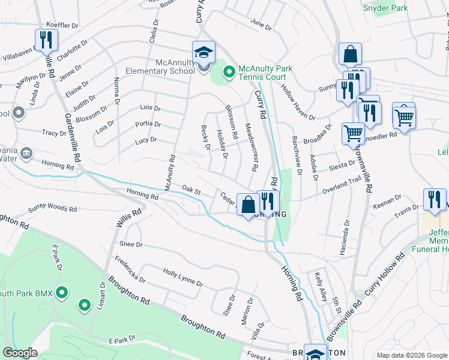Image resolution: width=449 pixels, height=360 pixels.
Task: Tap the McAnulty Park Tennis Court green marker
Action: coord(228,73)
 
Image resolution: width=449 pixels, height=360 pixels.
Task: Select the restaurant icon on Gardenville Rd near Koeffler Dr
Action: coord(46,40)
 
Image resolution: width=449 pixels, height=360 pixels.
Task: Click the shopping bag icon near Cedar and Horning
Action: coord(248,205)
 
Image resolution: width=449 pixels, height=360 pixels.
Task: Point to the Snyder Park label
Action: coord(385,8)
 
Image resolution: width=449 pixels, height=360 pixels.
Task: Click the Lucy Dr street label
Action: coord(145,140)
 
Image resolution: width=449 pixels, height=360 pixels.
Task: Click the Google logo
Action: coord(20,353)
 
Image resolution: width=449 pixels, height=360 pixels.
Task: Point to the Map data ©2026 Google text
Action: coord(411,355)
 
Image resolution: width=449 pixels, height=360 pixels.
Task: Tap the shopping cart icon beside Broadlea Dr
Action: coord(353,133)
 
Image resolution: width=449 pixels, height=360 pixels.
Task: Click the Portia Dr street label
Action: coord(148,124)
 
